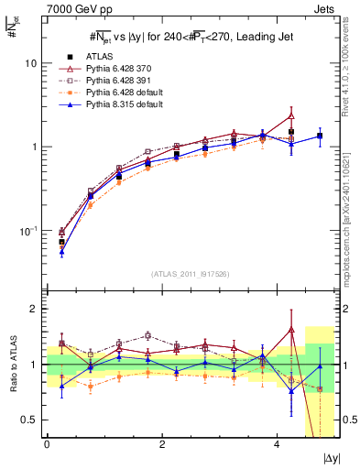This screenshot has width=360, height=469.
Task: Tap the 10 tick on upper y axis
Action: [x=33, y=64]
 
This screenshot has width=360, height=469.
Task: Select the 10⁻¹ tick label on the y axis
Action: [x=29, y=230]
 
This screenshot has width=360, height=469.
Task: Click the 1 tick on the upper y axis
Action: [x=37, y=147]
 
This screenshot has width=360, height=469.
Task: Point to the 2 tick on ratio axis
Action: [x=37, y=309]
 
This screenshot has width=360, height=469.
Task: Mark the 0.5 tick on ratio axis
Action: [x=33, y=420]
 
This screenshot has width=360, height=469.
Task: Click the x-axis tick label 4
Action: [x=277, y=443]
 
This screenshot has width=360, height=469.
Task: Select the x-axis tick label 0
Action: [x=47, y=443]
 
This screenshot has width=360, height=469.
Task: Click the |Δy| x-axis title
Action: [x=332, y=456]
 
